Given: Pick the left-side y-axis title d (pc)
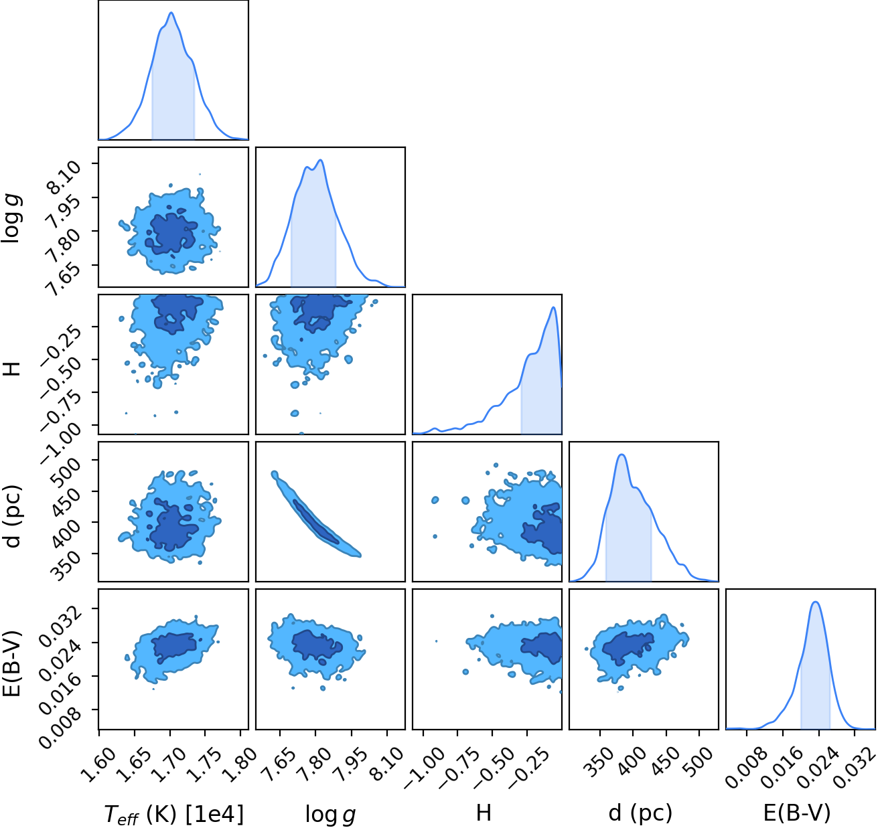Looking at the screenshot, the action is tap(11, 516).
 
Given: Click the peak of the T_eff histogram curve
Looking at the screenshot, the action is tap(171, 13).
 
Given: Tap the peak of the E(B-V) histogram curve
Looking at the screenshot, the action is tap(816, 602).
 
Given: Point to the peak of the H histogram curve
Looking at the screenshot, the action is tap(553, 307).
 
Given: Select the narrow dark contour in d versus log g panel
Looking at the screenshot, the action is tap(315, 521).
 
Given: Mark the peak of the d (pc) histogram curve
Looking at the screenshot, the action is tap(622, 454).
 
